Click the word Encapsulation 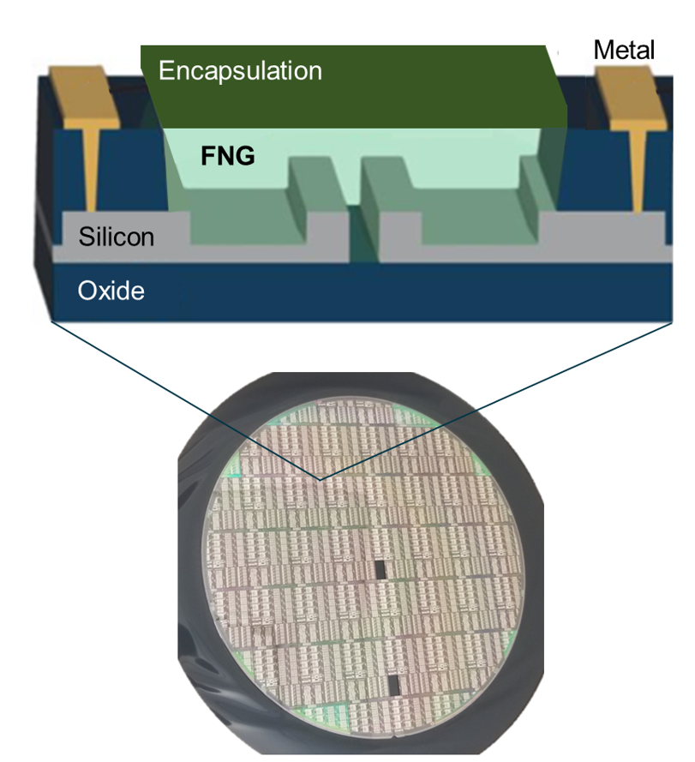(240, 70)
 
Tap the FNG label (228, 157)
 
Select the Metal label (624, 50)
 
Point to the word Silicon (117, 236)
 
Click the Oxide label (111, 291)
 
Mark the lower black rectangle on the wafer (393, 685)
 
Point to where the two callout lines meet (321, 478)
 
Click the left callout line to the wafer (184, 399)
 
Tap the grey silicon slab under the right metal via (617, 229)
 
